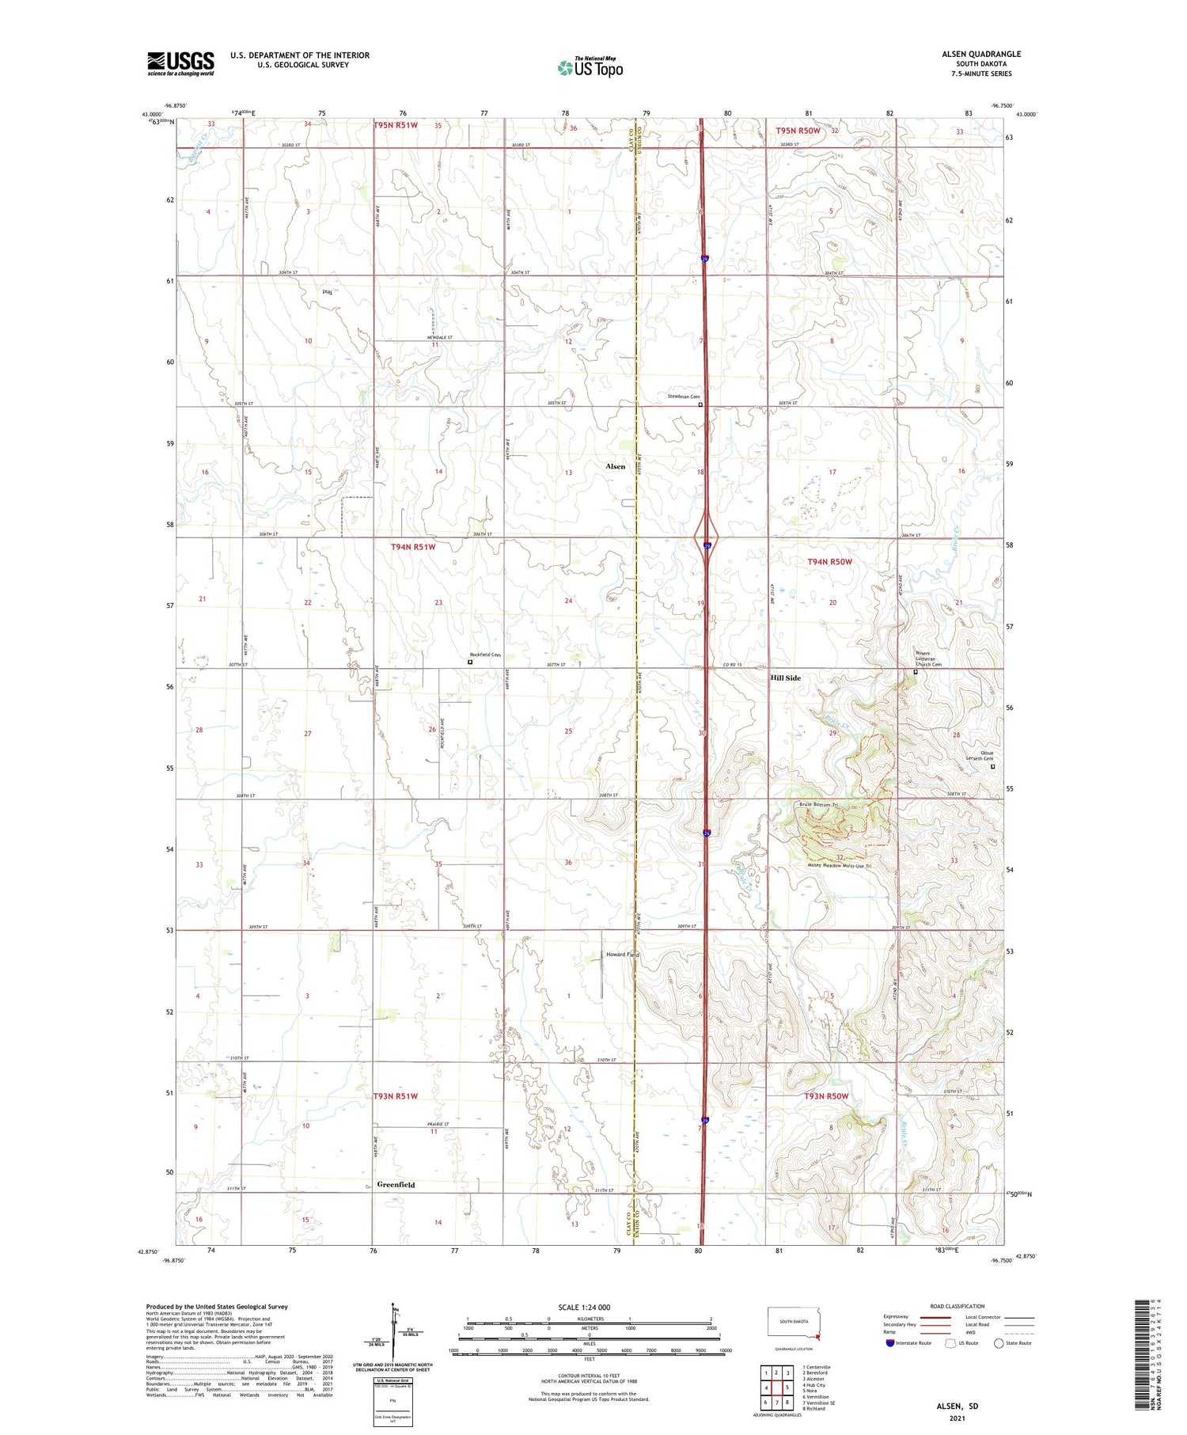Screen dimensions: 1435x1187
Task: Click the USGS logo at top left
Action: tap(180, 63)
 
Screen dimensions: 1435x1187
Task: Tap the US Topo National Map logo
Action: tap(590, 67)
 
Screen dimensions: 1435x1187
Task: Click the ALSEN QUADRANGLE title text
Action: tap(980, 54)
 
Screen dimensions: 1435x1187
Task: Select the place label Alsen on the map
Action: tap(615, 467)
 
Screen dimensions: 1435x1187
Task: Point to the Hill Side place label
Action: tap(786, 678)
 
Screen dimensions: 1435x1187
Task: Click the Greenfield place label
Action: tap(396, 1185)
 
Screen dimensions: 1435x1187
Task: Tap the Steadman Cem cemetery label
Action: tap(684, 397)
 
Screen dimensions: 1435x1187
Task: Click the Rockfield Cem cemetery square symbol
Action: tap(470, 662)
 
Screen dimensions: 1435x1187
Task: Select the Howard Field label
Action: tap(622, 955)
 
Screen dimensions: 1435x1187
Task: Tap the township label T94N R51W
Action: tap(413, 547)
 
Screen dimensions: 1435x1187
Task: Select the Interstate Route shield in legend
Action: tap(890, 1343)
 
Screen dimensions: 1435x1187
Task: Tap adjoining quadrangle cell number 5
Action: tap(787, 1388)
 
